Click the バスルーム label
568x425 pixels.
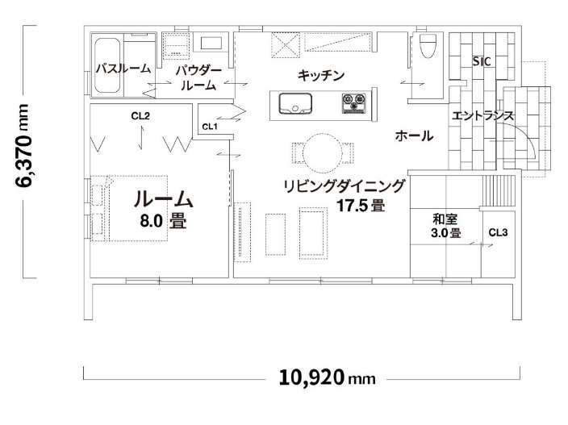[x=123, y=69]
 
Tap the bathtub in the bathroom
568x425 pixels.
[x=107, y=66]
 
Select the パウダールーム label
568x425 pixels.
[x=198, y=78]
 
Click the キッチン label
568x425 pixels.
[x=321, y=75]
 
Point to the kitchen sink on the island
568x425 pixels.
[x=294, y=103]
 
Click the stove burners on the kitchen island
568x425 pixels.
[x=354, y=102]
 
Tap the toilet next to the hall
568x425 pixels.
[x=428, y=46]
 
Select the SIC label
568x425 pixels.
[x=482, y=61]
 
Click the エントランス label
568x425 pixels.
[x=482, y=116]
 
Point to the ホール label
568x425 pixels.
[x=414, y=136]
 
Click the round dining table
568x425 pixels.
[x=322, y=153]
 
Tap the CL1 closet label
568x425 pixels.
[x=210, y=127]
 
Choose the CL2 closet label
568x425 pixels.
[x=140, y=116]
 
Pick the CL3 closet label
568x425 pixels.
[x=498, y=232]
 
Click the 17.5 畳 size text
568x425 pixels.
[x=361, y=206]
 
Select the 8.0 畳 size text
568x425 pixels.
[x=163, y=220]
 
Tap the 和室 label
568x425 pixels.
[x=445, y=219]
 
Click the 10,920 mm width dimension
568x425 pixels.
[x=327, y=377]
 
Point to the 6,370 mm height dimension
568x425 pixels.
[x=22, y=145]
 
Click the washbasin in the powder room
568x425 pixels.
[x=211, y=43]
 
